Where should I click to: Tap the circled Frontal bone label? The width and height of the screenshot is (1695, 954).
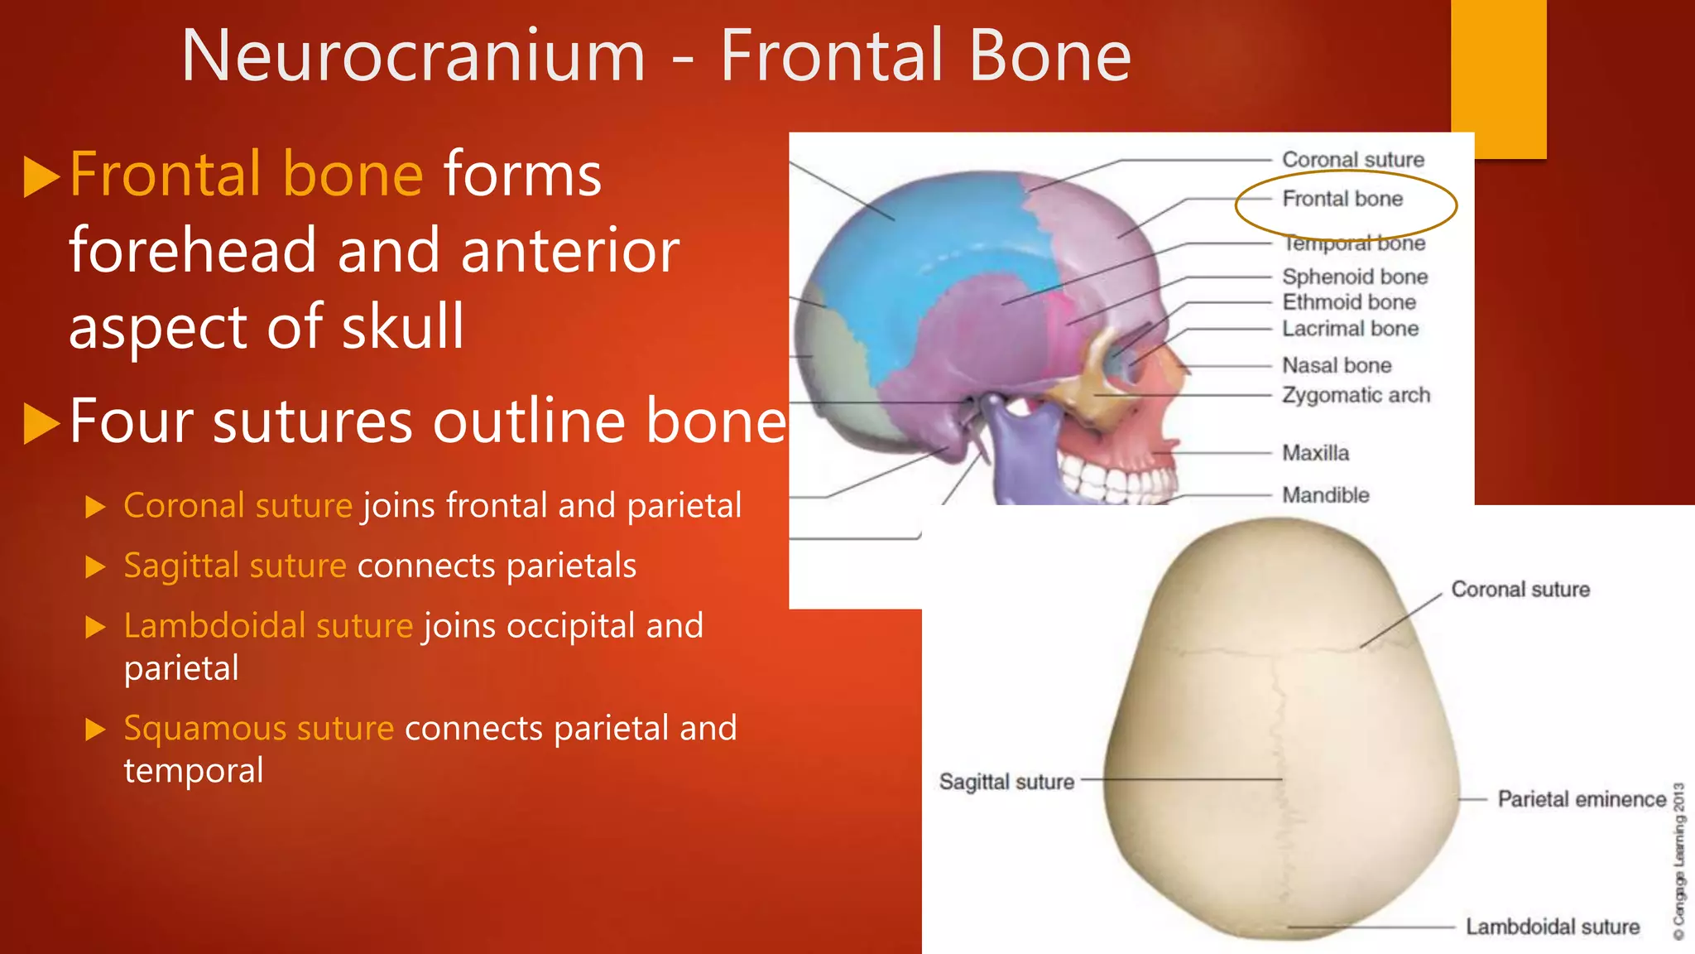pos(1342,200)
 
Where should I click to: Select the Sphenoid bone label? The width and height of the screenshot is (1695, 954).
pos(1355,277)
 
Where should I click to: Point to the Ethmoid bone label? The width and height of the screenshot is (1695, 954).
pos(1349,302)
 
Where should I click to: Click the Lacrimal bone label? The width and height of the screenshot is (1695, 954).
pos(1350,329)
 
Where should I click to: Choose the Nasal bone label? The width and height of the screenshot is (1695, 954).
pos(1337,365)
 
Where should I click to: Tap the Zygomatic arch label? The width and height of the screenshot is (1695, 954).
pos(1356,395)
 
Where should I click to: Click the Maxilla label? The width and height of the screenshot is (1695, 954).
pos(1315,453)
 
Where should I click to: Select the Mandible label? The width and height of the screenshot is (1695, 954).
pos(1325,495)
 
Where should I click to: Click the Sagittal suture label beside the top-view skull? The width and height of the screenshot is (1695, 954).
pos(1006,782)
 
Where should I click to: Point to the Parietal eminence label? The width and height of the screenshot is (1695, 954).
pos(1582,799)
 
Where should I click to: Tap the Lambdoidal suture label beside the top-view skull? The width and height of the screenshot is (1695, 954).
pos(1552,927)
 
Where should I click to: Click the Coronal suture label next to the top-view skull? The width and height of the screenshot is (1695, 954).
pos(1520,590)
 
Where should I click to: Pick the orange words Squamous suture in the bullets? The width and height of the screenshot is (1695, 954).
pos(258,729)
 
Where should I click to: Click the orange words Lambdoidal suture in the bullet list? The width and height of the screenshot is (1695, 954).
pos(268,626)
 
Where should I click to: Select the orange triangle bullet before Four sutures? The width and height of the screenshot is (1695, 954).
pos(41,423)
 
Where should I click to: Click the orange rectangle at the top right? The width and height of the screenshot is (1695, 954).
pos(1498,79)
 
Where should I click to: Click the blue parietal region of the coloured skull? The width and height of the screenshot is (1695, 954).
pos(927,265)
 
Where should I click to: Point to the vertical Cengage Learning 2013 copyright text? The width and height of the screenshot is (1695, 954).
pos(1678,861)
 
